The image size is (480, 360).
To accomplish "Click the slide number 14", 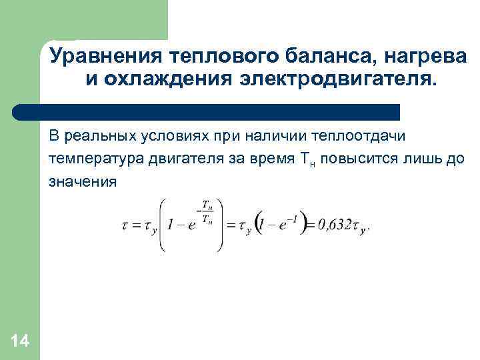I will (x=20, y=341).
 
